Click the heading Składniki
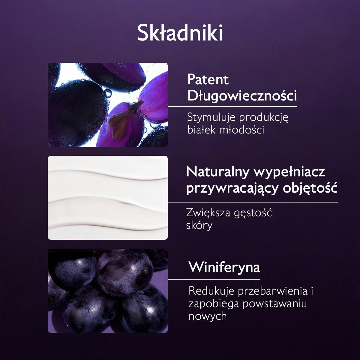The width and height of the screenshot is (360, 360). point(180,33)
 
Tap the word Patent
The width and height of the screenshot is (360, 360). point(208,79)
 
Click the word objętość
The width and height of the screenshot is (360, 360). point(310,188)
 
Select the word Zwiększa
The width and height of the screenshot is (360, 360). point(208,213)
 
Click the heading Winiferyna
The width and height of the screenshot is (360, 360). point(224,267)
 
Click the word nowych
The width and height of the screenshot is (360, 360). point(208,316)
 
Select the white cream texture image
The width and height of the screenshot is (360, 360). point(108,198)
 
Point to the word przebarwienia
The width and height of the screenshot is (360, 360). point(273,291)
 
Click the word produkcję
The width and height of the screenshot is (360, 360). point(264,118)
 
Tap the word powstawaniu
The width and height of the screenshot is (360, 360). point(275,304)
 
